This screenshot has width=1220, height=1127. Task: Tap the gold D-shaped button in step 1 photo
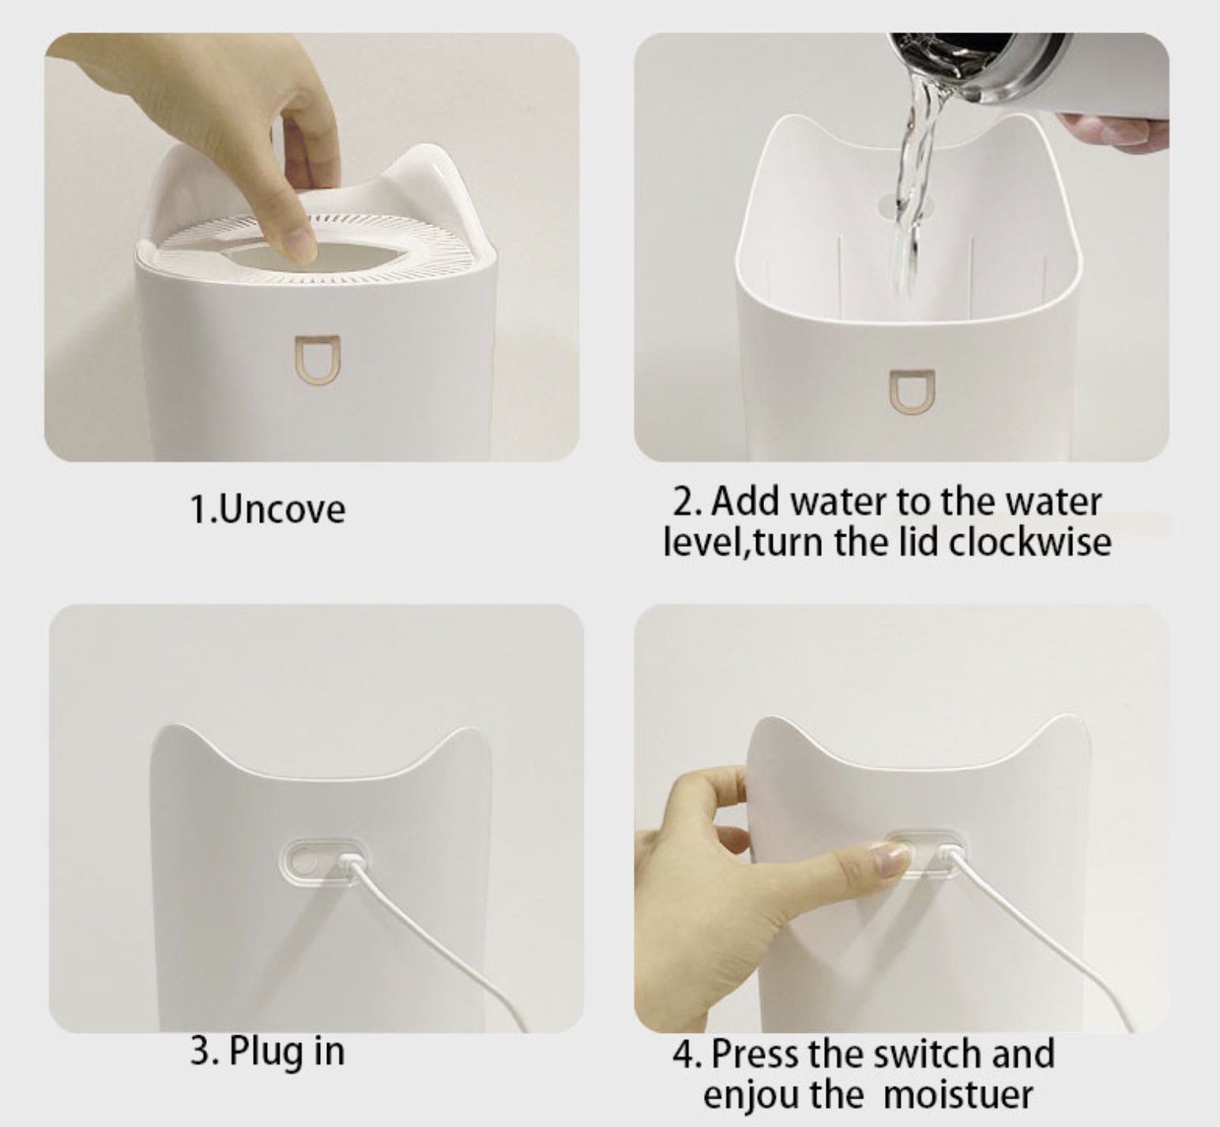click(316, 357)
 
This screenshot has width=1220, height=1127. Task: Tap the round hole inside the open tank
click(901, 202)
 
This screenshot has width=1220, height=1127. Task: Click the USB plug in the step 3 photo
click(348, 863)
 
